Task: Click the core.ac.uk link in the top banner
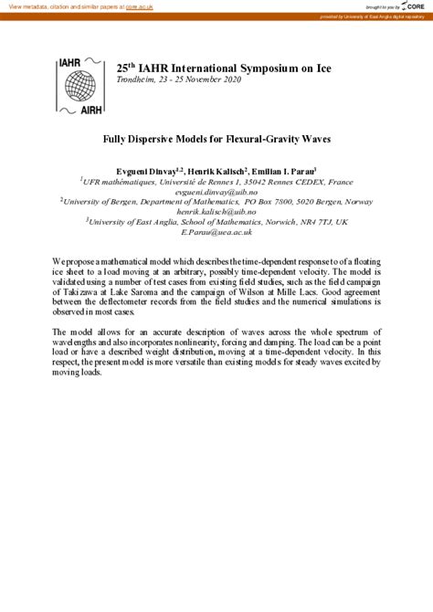tap(139, 6)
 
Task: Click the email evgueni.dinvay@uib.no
tap(216, 192)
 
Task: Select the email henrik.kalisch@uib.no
tap(216, 212)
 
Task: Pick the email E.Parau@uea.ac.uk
tap(216, 232)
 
